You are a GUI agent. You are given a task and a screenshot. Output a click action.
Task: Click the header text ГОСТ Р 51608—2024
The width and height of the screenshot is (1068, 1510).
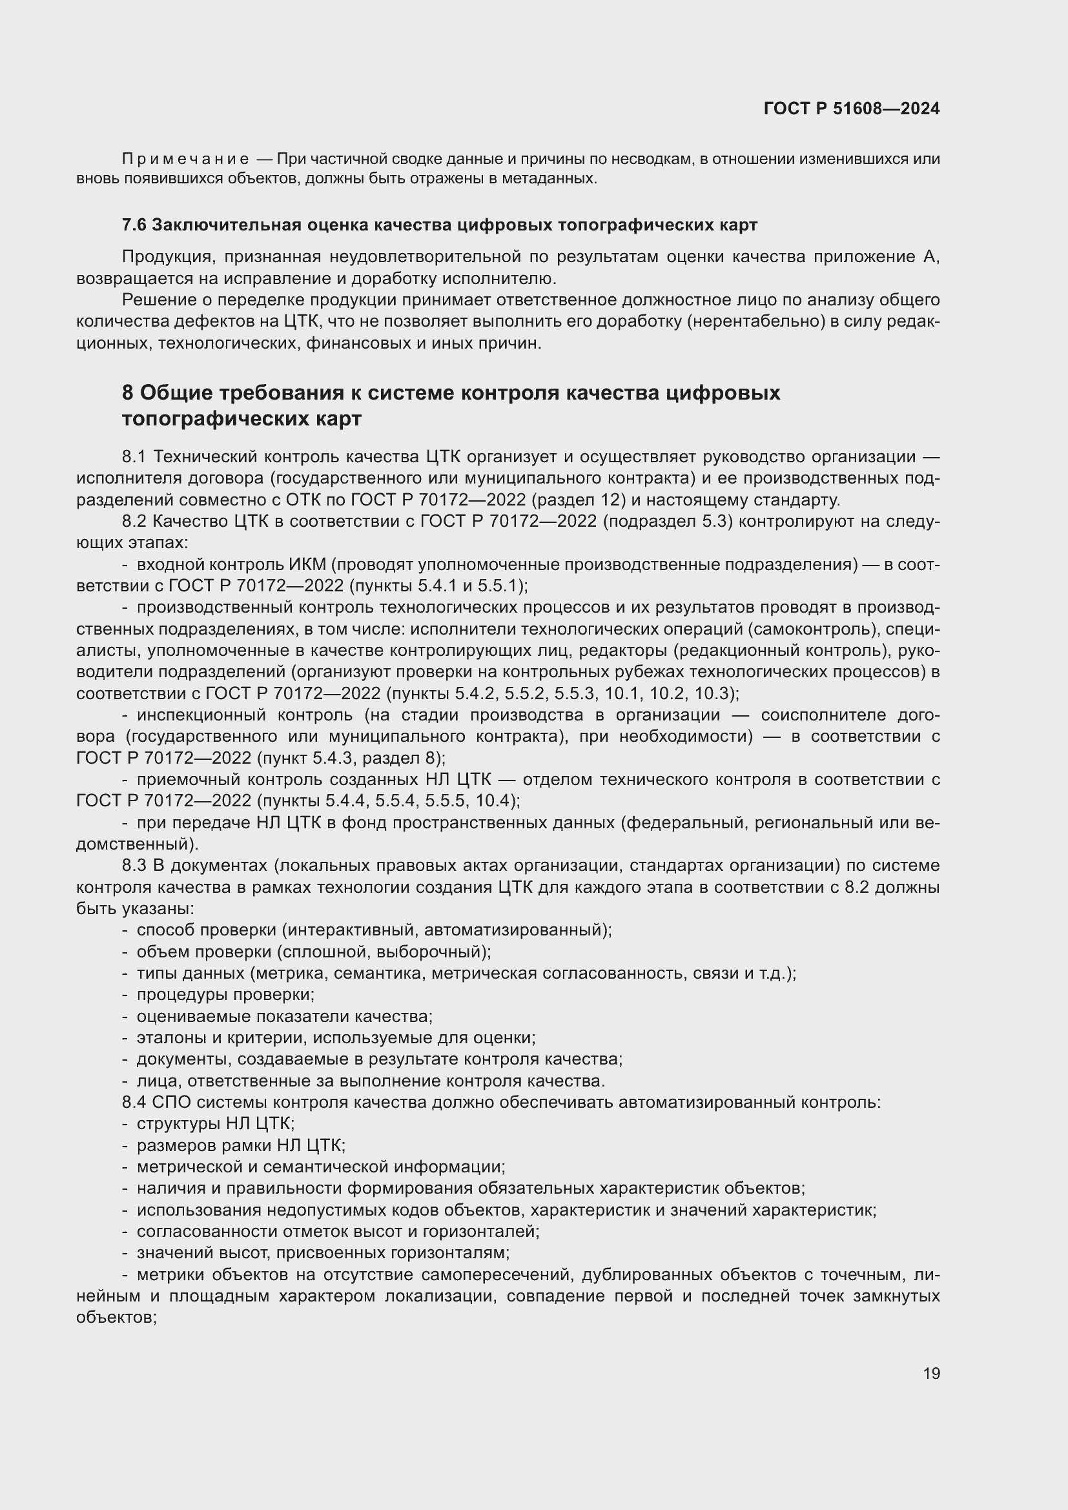[852, 108]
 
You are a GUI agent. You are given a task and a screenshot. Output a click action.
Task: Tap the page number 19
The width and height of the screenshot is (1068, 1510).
[931, 1373]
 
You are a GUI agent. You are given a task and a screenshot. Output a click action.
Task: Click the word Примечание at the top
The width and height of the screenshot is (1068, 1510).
[185, 159]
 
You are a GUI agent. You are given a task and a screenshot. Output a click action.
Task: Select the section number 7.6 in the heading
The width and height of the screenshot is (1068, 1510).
[134, 225]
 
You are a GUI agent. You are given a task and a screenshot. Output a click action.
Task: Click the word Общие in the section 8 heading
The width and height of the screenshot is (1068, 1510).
[176, 393]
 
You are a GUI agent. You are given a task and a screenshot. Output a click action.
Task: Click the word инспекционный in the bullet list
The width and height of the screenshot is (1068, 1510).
[200, 715]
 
